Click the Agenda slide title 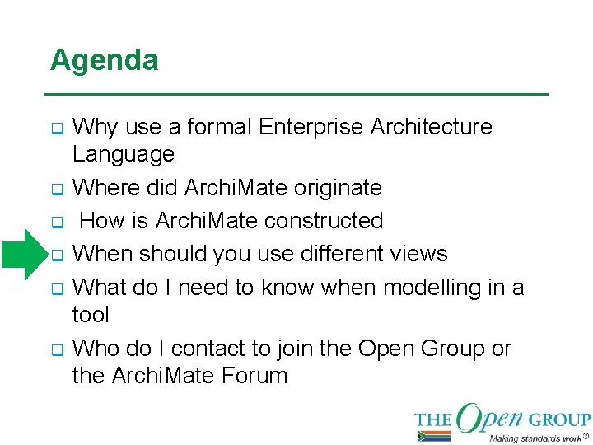pyautogui.click(x=104, y=60)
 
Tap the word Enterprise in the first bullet pyautogui.click(x=311, y=127)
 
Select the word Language pyautogui.click(x=124, y=154)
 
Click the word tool pyautogui.click(x=91, y=315)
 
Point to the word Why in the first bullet pyautogui.click(x=96, y=127)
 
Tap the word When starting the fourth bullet pyautogui.click(x=103, y=254)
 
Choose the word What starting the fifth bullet pyautogui.click(x=99, y=288)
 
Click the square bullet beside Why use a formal pyautogui.click(x=57, y=129)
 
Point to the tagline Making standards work pyautogui.click(x=535, y=438)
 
